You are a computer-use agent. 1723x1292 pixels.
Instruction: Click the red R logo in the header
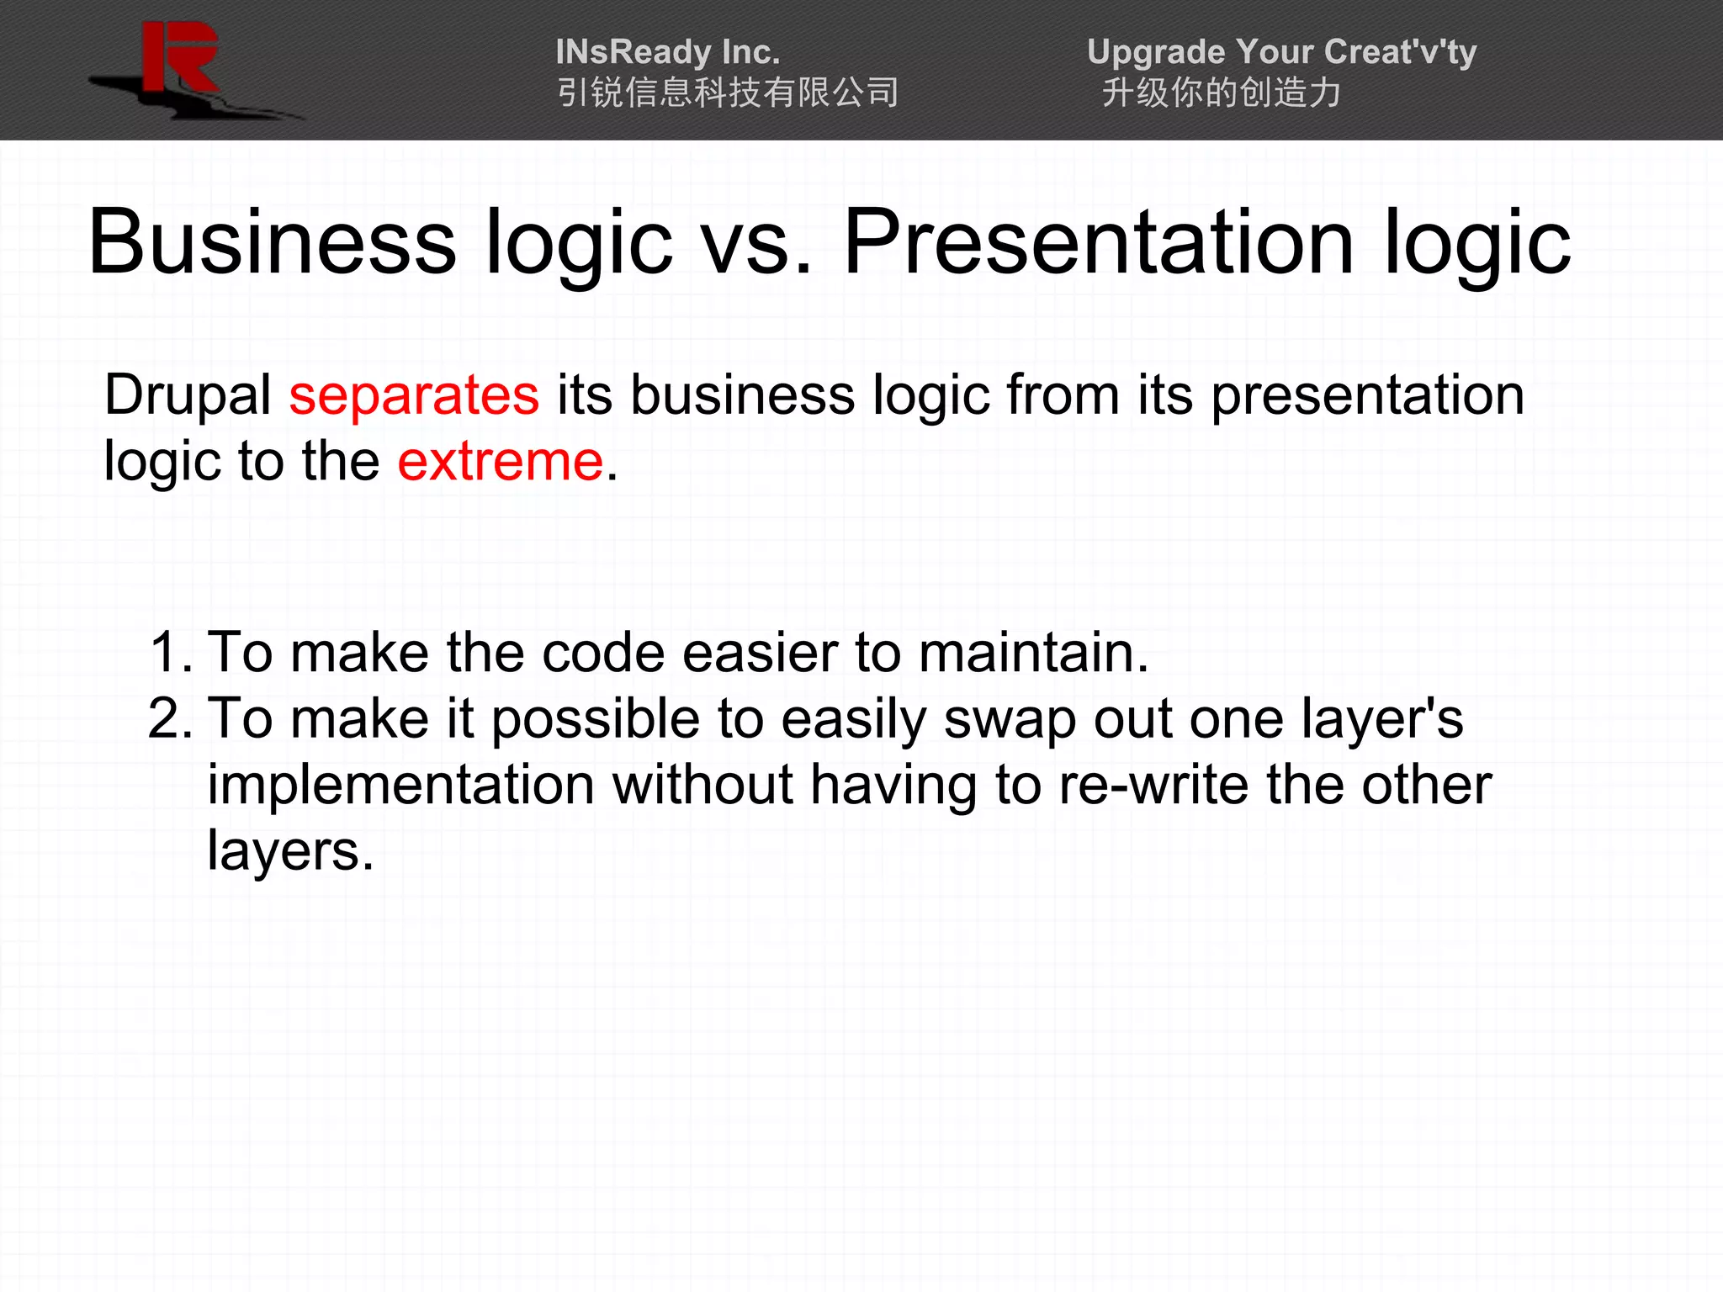[179, 59]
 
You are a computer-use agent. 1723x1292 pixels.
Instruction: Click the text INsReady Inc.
[668, 52]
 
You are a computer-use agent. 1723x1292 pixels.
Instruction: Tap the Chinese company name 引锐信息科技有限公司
[728, 93]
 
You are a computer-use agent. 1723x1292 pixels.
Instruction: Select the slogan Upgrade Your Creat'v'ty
[1281, 52]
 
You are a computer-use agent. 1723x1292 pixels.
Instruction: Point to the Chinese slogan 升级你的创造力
[1221, 93]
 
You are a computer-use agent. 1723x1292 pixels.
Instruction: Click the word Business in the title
[272, 243]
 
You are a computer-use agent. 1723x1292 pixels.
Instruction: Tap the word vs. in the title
[757, 243]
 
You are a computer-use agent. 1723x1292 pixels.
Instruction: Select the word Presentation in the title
[1098, 243]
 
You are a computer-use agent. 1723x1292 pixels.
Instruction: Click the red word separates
[414, 394]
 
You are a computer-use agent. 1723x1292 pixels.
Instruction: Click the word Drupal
[187, 394]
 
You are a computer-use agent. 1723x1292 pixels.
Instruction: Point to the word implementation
[401, 785]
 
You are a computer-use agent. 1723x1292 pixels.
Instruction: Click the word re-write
[1153, 785]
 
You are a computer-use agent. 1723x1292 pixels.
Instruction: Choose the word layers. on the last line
[290, 851]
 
